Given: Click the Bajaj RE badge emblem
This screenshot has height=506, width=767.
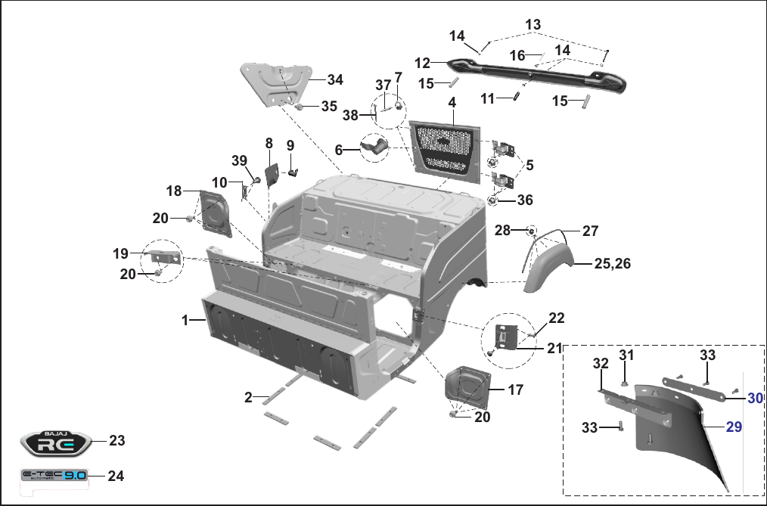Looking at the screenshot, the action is pyautogui.click(x=56, y=443).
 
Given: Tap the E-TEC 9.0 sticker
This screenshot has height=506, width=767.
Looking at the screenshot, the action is pyautogui.click(x=54, y=475).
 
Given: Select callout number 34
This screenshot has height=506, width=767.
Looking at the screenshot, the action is pyautogui.click(x=335, y=79).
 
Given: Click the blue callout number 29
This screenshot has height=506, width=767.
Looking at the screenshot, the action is pyautogui.click(x=733, y=427).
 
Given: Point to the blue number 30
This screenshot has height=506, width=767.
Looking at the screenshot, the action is pyautogui.click(x=755, y=399).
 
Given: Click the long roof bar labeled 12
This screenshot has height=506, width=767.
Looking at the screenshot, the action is pyautogui.click(x=536, y=76).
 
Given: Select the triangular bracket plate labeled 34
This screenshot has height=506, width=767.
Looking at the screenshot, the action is pyautogui.click(x=276, y=84).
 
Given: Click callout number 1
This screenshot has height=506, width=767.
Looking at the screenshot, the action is pyautogui.click(x=185, y=320).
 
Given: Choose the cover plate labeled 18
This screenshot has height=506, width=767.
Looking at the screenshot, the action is pyautogui.click(x=215, y=213).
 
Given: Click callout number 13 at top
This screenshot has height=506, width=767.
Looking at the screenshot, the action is pyautogui.click(x=533, y=24).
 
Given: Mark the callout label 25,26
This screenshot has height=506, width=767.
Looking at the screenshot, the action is pyautogui.click(x=613, y=263).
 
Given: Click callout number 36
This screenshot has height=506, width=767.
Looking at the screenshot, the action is pyautogui.click(x=525, y=200).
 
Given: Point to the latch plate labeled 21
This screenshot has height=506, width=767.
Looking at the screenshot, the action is pyautogui.click(x=507, y=337).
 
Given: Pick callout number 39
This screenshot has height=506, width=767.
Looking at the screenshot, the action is pyautogui.click(x=239, y=160).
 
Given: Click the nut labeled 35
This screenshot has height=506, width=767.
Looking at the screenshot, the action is pyautogui.click(x=300, y=106).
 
